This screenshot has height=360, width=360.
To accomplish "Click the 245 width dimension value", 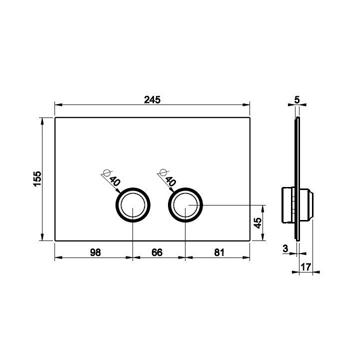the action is click(152, 100).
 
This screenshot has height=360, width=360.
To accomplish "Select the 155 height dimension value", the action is click(37, 179).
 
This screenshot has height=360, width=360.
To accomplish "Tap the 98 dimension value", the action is click(95, 252).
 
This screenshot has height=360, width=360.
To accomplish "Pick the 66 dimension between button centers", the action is click(157, 252).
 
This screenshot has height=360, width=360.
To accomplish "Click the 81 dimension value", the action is click(219, 252).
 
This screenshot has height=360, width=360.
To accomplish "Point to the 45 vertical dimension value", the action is click(258, 223).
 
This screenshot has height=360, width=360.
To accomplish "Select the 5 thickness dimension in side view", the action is click(297, 100).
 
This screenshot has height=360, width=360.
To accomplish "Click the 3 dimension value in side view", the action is click(285, 248).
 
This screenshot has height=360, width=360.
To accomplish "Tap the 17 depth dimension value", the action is click(306, 267).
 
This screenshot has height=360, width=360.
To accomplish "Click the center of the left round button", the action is click(133, 205).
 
